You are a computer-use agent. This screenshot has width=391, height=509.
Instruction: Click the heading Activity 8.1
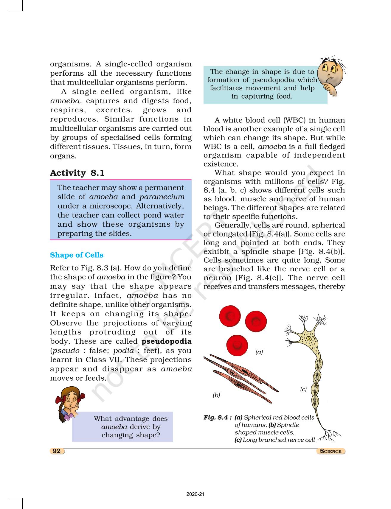(x=77, y=173)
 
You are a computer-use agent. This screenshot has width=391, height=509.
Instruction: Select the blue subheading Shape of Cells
(x=77, y=255)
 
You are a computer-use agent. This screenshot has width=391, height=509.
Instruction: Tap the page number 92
(x=57, y=451)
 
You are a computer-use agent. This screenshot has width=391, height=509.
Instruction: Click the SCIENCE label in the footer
(x=331, y=451)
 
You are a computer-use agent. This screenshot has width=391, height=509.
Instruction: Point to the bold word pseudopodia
(x=166, y=341)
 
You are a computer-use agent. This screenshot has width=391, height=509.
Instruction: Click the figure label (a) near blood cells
(x=259, y=352)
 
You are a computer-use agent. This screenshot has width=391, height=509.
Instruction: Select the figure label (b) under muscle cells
(x=216, y=395)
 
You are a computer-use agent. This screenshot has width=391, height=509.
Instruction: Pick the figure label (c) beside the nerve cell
(x=303, y=389)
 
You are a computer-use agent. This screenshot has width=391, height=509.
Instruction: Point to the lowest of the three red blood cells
(x=237, y=345)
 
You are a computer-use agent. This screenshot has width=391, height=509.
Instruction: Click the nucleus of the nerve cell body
(x=309, y=339)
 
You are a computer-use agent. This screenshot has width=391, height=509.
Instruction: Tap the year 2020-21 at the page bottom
(x=195, y=494)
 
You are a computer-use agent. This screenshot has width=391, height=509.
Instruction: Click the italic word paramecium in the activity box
(x=162, y=197)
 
